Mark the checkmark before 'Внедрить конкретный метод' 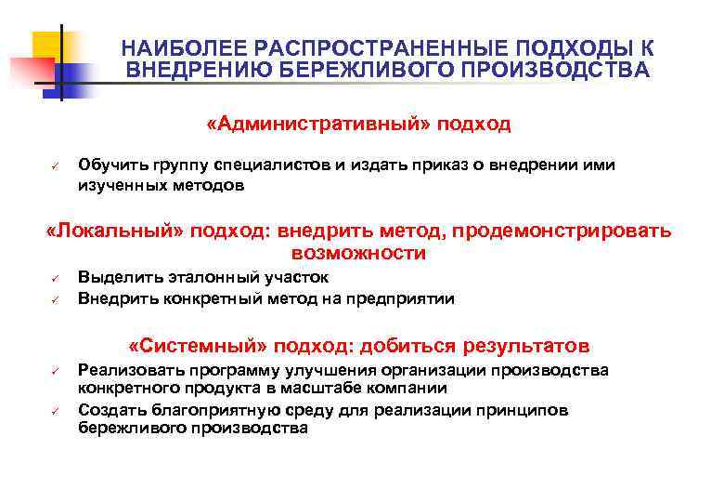click(x=55, y=299)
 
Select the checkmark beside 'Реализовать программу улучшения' click(x=55, y=372)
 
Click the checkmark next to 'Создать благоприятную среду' click(x=55, y=411)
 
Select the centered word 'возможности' click(x=358, y=254)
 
